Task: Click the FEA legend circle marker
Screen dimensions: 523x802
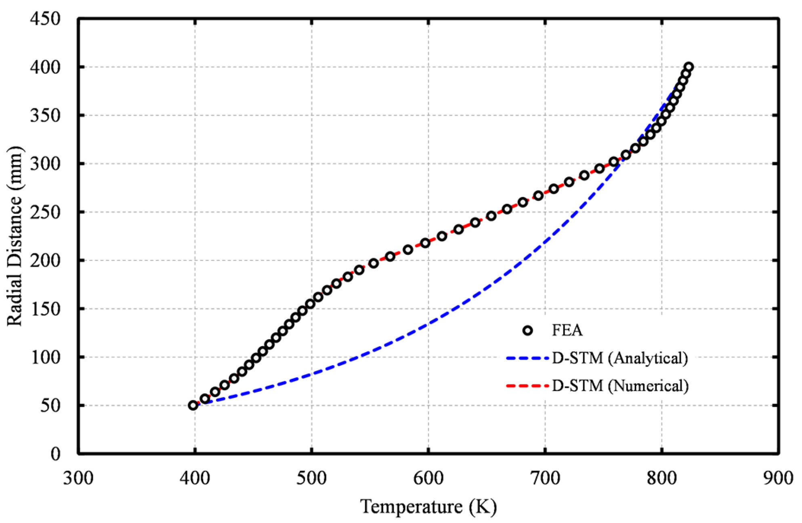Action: [x=527, y=330]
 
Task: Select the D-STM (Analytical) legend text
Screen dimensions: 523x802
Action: [x=620, y=358]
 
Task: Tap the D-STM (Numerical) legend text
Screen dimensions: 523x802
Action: [x=620, y=386]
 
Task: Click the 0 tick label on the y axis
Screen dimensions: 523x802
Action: [x=55, y=454]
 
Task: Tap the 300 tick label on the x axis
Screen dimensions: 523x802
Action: [x=78, y=478]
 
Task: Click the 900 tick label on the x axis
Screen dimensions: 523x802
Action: [x=778, y=478]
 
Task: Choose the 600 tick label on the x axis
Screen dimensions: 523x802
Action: [x=428, y=478]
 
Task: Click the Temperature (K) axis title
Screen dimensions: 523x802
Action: [x=428, y=506]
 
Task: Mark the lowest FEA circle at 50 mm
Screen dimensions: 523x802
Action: [x=193, y=405]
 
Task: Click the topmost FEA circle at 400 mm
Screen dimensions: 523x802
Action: [x=689, y=67]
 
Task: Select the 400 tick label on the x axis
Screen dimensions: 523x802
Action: [x=195, y=478]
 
